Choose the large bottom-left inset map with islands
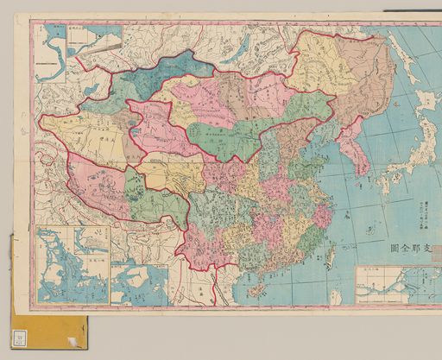73,264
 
